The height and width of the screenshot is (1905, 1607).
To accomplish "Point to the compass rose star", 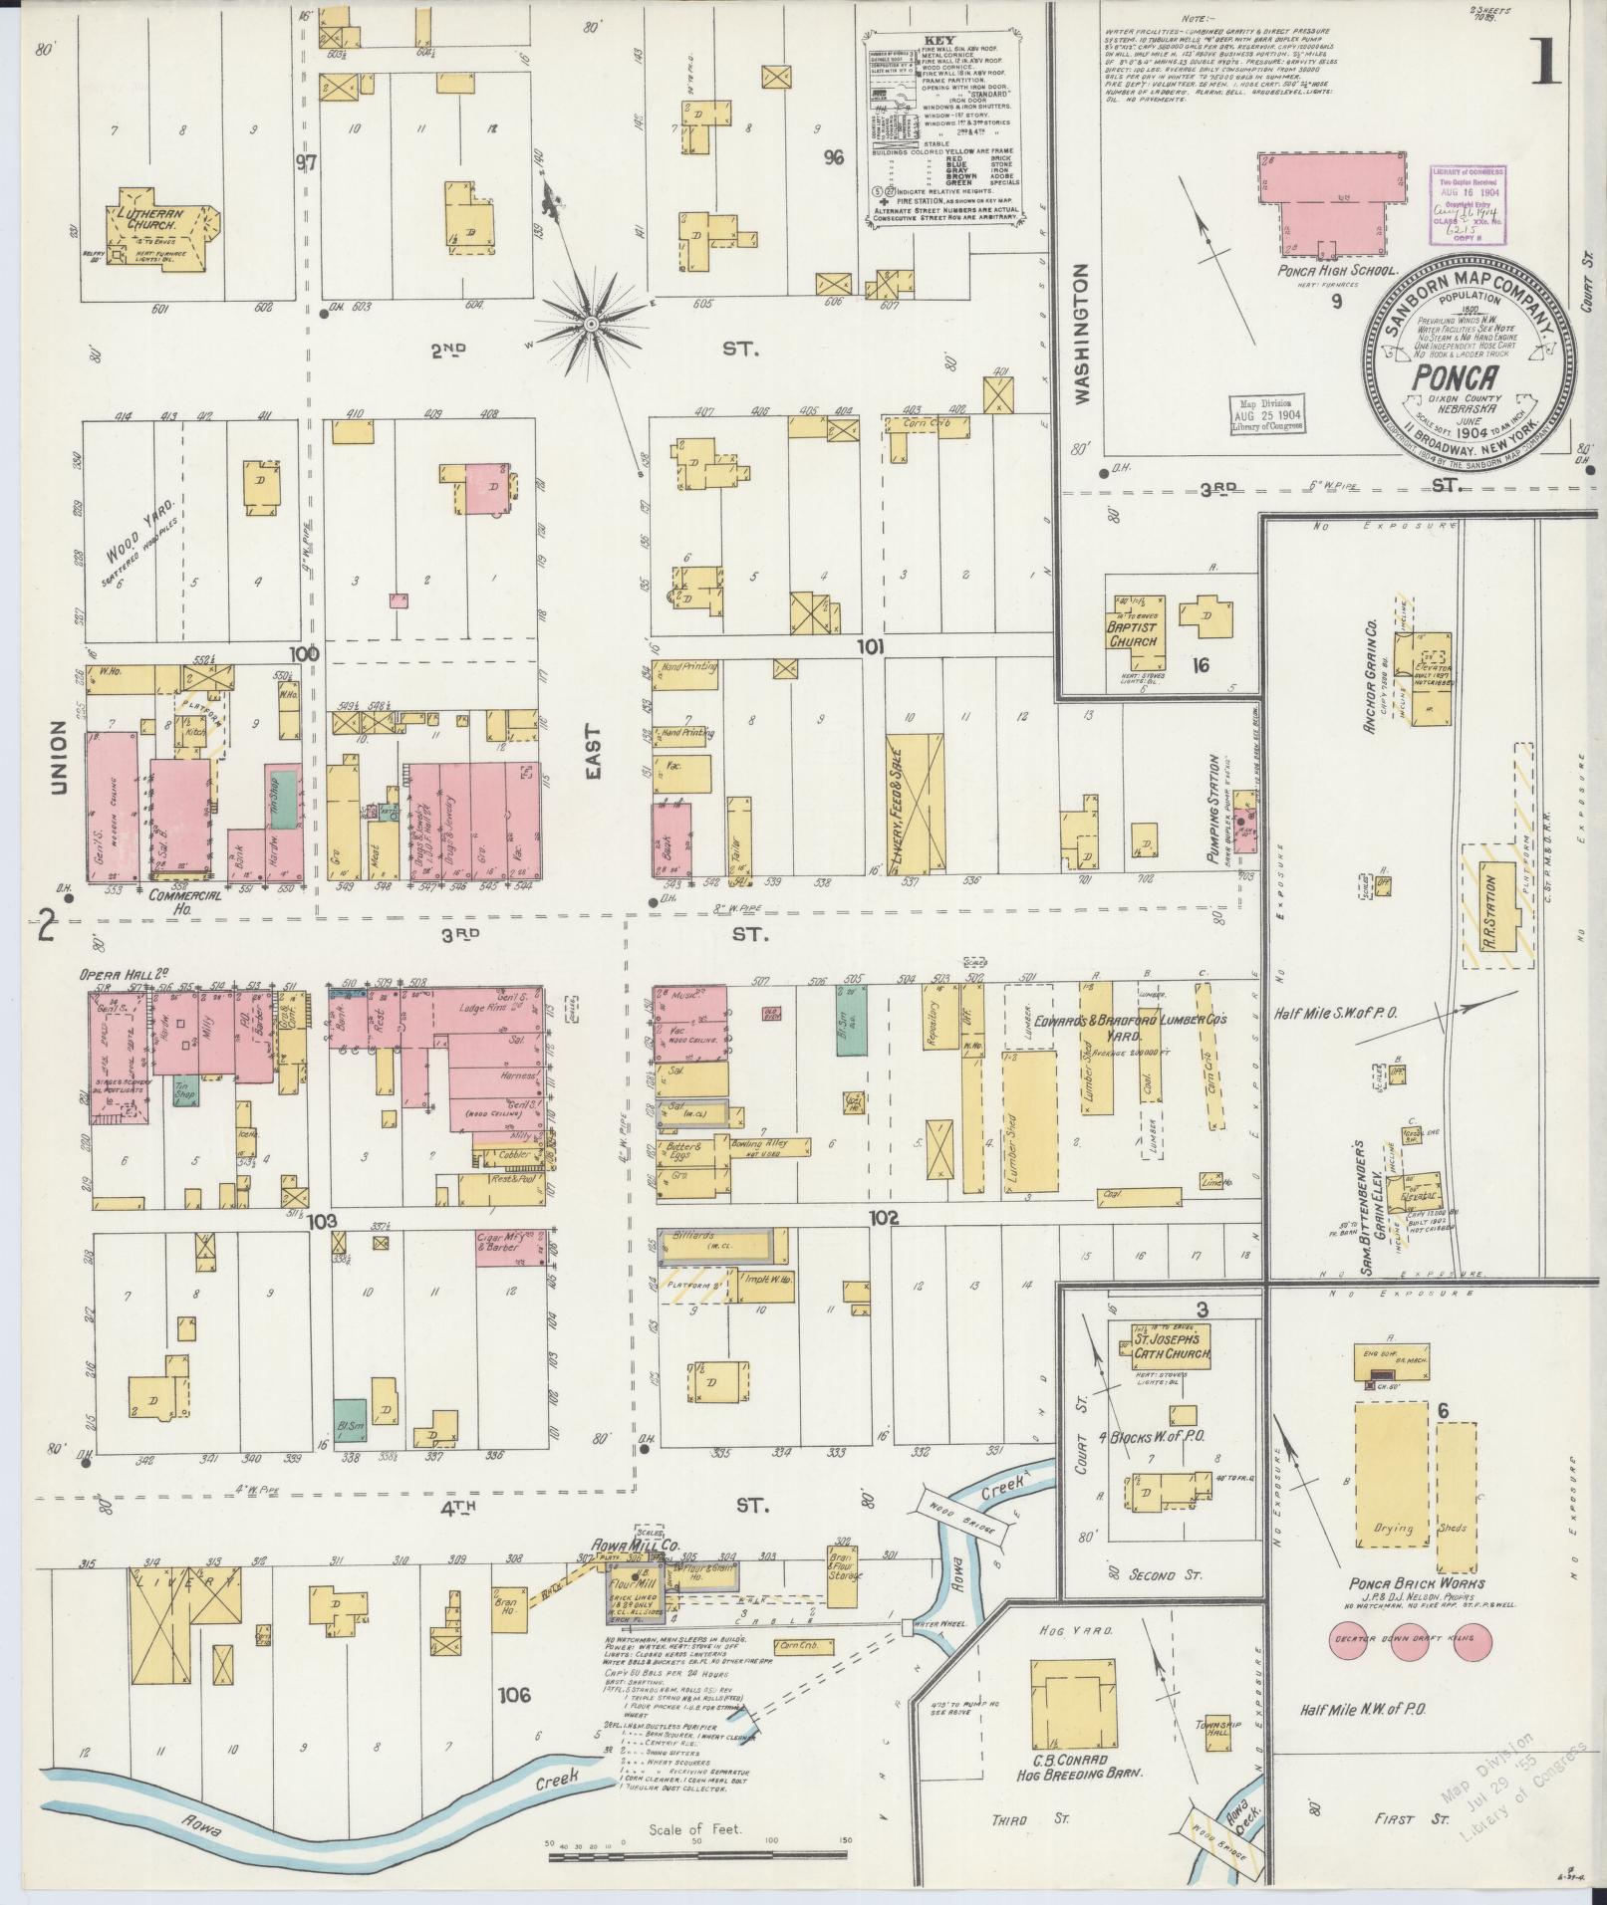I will [x=590, y=324].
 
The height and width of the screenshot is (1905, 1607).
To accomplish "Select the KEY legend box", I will [x=942, y=129].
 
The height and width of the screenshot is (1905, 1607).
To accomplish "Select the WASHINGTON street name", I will [x=1082, y=332].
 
